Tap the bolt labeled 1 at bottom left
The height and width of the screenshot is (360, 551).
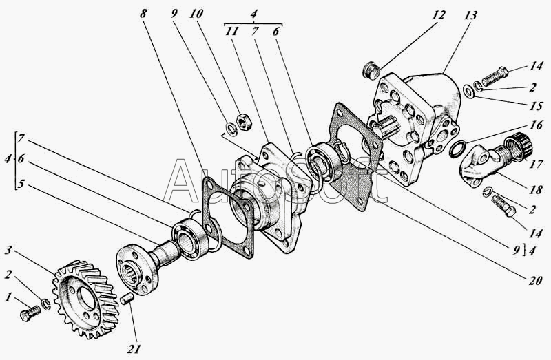click(30, 313)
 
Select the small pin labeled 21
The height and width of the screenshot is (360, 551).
click(127, 300)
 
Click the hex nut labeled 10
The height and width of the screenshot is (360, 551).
click(243, 123)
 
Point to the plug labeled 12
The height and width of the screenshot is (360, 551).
click(371, 71)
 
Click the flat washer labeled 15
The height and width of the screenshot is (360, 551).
click(468, 92)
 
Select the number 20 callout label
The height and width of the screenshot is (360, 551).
click(534, 280)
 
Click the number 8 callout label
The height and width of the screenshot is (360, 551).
click(143, 14)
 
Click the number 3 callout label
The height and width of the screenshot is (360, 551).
click(9, 251)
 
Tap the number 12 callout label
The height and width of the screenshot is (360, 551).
click(438, 15)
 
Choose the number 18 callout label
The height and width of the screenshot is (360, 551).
click(535, 190)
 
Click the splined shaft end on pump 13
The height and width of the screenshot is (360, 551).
click(383, 130)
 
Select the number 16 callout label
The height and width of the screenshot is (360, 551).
click(536, 125)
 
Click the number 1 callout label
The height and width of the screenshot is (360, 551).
click(8, 297)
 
